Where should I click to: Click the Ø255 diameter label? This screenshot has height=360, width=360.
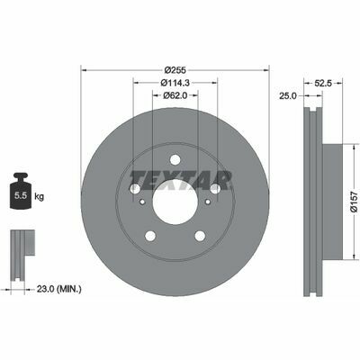(175, 70)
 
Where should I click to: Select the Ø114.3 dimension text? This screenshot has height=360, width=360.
(175, 82)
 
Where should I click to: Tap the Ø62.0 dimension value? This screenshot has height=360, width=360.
(175, 95)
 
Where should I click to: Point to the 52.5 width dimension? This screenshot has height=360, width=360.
(323, 84)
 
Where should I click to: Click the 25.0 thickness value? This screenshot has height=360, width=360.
(288, 96)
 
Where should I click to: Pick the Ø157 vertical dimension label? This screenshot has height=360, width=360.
(355, 202)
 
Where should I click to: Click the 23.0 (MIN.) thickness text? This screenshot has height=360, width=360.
(58, 289)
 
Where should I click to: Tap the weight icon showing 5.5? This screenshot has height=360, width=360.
(21, 191)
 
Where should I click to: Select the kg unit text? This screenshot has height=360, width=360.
(39, 197)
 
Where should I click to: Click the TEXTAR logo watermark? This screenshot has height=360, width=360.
(181, 180)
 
